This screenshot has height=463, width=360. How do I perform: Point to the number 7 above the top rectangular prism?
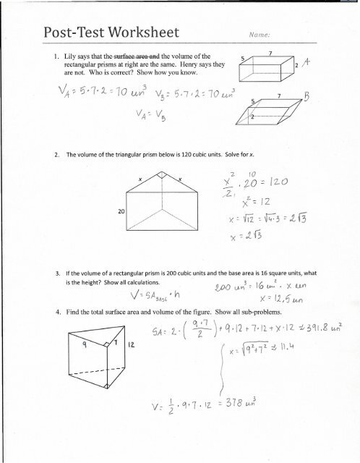(269, 53)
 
